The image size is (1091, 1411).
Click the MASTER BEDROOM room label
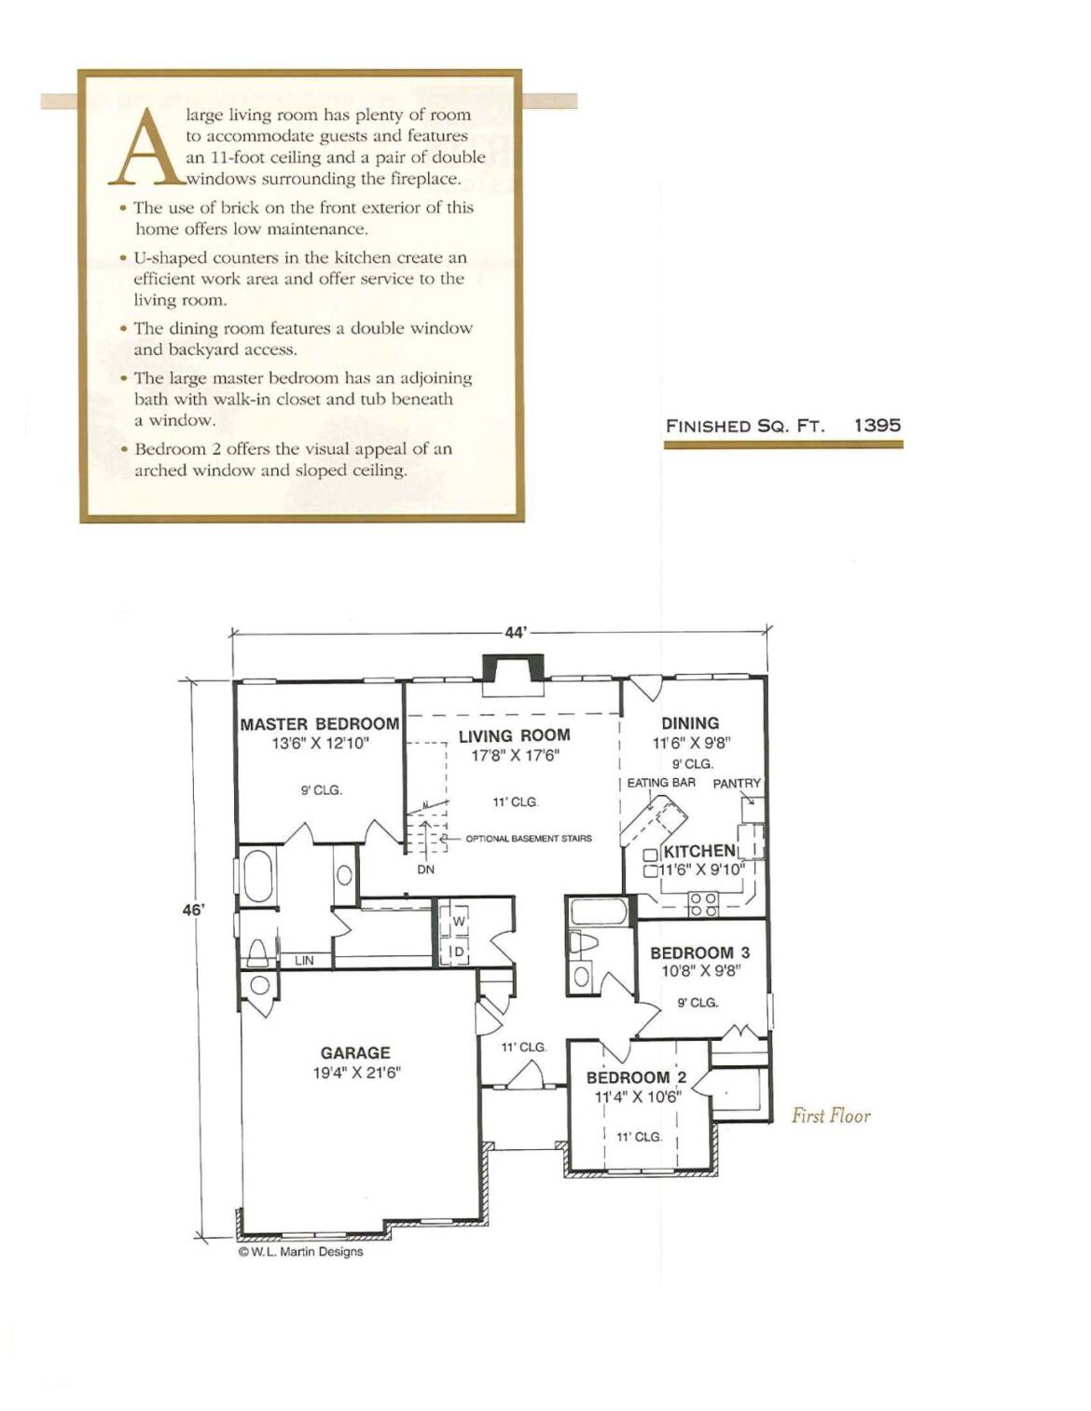[x=320, y=723]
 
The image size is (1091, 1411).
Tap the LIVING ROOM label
[x=515, y=735]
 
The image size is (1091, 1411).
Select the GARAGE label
[x=355, y=1052]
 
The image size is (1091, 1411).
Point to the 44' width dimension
[x=515, y=633]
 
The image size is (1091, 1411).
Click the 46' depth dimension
[x=193, y=910]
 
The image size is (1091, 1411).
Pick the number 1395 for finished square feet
[x=877, y=425]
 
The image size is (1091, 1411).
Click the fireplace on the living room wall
[x=515, y=676]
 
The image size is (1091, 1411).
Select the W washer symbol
[x=459, y=922]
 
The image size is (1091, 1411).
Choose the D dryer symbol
[x=459, y=952]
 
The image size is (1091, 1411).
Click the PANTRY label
[x=737, y=783]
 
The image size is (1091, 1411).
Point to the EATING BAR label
[x=661, y=783]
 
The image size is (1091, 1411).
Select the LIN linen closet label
[x=304, y=960]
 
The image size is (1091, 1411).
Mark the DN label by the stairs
[x=426, y=870]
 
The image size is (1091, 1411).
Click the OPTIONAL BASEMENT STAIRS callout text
[x=529, y=838]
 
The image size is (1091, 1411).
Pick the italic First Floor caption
[x=831, y=1116]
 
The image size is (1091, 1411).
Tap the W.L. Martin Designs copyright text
[x=301, y=1252]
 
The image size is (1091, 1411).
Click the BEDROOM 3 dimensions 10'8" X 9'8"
[x=700, y=971]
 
